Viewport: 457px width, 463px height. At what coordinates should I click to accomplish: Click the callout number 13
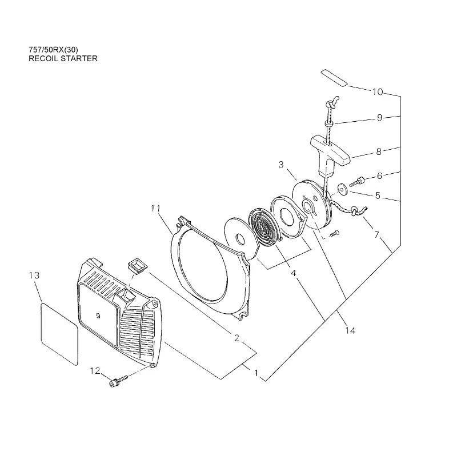coord(34,276)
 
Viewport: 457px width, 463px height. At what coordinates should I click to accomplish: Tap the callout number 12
coord(95,370)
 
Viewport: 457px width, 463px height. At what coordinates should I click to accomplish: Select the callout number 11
coord(155,209)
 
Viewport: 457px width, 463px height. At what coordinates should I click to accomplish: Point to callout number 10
coord(378,92)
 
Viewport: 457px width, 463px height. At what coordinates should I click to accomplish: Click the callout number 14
coord(350,330)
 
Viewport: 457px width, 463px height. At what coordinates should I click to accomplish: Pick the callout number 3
coord(281,165)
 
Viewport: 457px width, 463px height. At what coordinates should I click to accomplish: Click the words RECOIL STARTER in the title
coord(63,58)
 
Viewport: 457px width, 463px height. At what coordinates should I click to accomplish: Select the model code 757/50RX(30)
coord(53,50)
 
